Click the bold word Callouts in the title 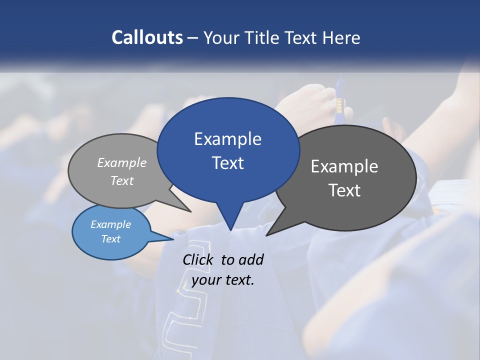[147, 37]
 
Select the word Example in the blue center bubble [227, 139]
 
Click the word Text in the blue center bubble [227, 163]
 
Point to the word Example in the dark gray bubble [344, 166]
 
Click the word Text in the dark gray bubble [344, 190]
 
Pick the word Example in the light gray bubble [122, 162]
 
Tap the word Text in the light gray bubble [122, 180]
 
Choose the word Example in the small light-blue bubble [110, 224]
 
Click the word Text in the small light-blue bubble [110, 239]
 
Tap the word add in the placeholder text [250, 259]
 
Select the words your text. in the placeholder [223, 280]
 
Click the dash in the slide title [193, 37]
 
